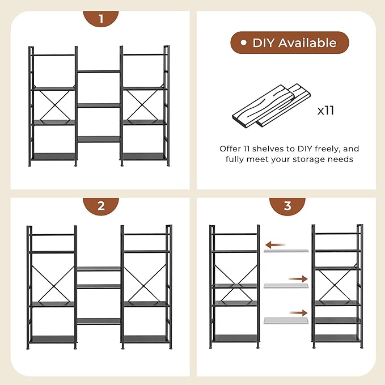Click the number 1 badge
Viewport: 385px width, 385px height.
(101, 19)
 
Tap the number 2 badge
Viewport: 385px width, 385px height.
(101, 205)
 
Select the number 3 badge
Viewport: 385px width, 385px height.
(287, 205)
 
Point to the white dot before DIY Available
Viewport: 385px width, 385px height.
(243, 43)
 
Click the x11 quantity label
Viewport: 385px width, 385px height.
(325, 110)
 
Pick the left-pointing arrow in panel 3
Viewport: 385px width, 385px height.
(276, 245)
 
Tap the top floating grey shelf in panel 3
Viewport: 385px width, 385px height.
(286, 251)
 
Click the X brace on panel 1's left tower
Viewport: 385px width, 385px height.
(53, 105)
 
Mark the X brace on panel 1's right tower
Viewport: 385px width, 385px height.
(144, 105)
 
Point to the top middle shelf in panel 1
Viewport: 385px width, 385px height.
(99, 71)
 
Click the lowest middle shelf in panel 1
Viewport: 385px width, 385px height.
(99, 139)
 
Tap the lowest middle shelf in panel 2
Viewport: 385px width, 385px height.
(99, 321)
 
